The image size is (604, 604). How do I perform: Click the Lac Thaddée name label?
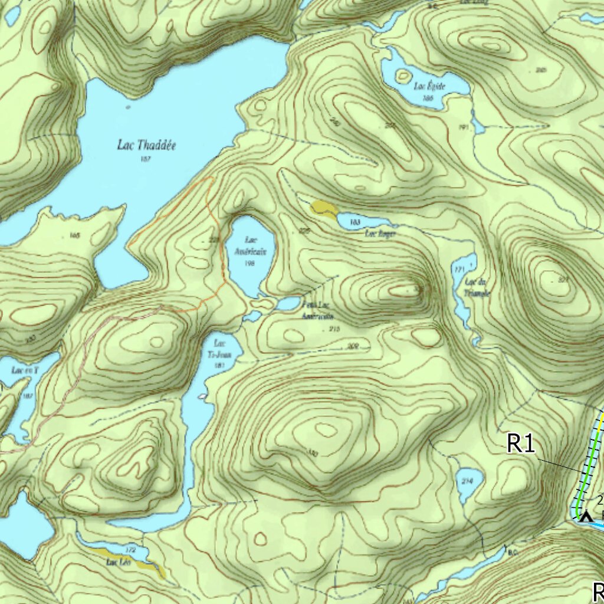point(146,145)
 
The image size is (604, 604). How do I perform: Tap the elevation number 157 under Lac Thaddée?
point(145,159)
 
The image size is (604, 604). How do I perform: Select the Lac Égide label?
point(429,86)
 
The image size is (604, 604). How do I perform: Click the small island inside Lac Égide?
point(403,75)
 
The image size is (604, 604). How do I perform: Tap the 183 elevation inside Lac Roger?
point(355,222)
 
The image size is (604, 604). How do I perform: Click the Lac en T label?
point(25,370)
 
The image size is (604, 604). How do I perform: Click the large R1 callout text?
point(521,444)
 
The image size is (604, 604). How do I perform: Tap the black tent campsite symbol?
point(585,517)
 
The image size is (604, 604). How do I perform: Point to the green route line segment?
point(590,466)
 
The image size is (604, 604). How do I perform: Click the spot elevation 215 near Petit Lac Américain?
point(334,329)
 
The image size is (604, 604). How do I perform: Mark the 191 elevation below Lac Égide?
point(462,127)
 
